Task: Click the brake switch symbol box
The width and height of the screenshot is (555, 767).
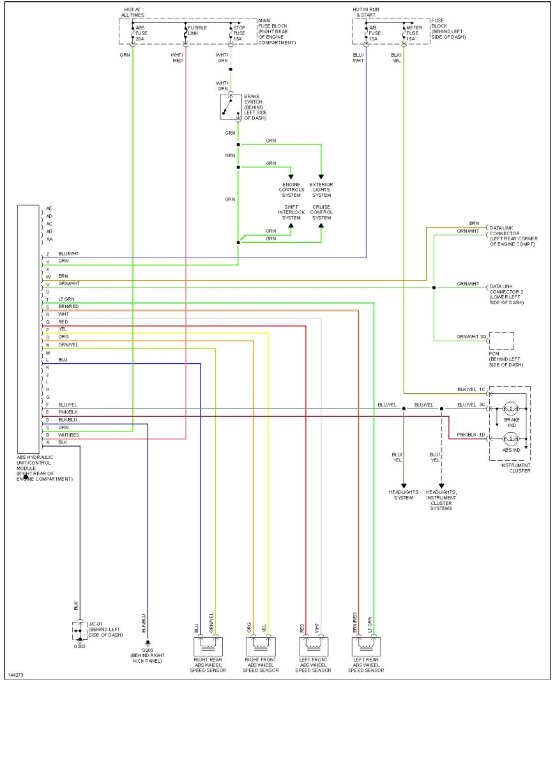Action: (x=231, y=107)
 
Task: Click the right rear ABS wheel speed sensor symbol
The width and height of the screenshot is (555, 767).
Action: (x=210, y=644)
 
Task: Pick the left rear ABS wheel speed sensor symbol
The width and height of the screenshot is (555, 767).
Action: (x=367, y=644)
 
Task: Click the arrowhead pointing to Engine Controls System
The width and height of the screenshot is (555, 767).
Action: (x=291, y=177)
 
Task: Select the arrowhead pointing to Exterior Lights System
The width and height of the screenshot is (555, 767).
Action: (x=321, y=177)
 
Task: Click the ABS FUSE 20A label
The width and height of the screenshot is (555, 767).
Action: (x=141, y=33)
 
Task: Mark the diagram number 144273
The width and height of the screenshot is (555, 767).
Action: (x=17, y=674)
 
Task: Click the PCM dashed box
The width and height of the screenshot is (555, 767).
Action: (x=501, y=341)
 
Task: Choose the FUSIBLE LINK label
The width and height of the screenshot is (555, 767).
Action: (x=194, y=31)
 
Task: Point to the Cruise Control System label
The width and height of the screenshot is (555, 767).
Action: (x=322, y=212)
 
